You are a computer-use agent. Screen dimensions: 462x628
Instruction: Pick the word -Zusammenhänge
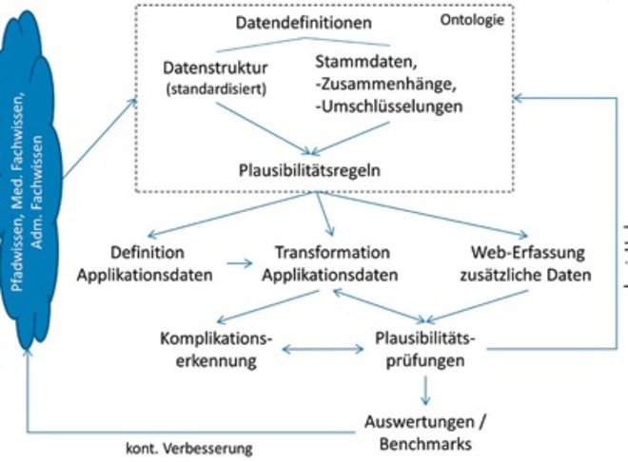384,84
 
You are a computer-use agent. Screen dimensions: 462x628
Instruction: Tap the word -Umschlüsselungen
386,106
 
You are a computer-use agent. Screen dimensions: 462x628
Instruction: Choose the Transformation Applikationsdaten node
332,264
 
